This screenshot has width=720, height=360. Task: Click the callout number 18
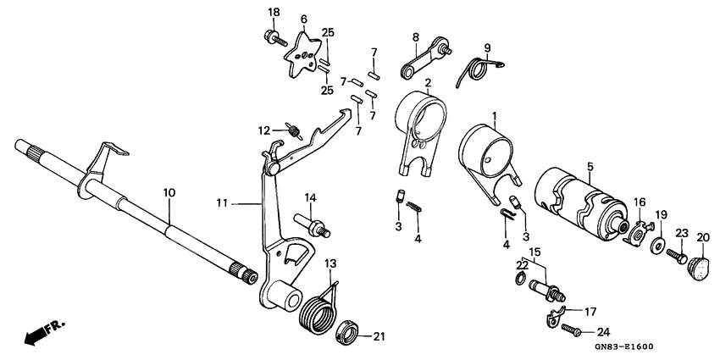pos(274,12)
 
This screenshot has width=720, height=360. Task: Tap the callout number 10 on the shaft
pos(169,193)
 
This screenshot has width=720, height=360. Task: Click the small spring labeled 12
pos(293,130)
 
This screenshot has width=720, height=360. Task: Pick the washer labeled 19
pos(658,246)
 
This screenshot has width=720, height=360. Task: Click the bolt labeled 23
pos(678,254)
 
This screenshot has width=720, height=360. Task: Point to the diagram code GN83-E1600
pos(617,346)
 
